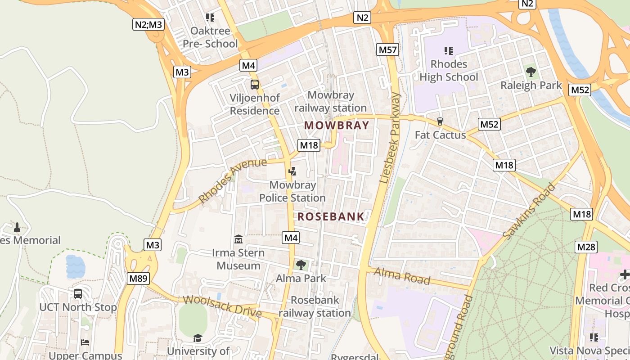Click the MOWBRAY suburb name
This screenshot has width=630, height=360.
coord(337,125)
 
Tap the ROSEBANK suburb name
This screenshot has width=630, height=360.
coord(331,216)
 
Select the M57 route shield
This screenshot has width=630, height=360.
coord(387,49)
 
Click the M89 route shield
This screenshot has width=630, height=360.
coord(138,279)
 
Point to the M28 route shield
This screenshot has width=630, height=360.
coord(586,247)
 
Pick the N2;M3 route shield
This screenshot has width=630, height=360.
coord(148,24)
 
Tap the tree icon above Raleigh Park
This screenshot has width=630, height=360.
coord(531,72)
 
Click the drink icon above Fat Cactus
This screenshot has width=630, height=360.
coord(440,121)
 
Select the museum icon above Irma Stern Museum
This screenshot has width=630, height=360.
coord(238,239)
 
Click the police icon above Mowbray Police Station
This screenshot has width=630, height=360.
coord(292,171)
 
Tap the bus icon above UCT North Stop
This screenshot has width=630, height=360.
coord(78,294)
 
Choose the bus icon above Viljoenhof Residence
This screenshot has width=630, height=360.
coord(254,84)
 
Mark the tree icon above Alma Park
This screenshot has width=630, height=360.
coord(301,265)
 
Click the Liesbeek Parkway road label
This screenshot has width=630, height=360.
coord(390,137)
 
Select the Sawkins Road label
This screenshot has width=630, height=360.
coord(529,211)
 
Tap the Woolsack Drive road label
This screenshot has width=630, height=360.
coord(222,306)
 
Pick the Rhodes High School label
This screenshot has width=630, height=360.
coord(449,71)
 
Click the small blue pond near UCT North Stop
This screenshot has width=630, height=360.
coord(75,266)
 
